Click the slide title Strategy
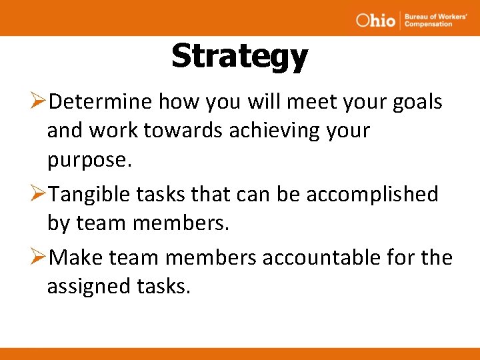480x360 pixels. click(x=239, y=56)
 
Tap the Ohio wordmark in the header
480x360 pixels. click(x=375, y=19)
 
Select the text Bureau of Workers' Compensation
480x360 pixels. click(x=428, y=19)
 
